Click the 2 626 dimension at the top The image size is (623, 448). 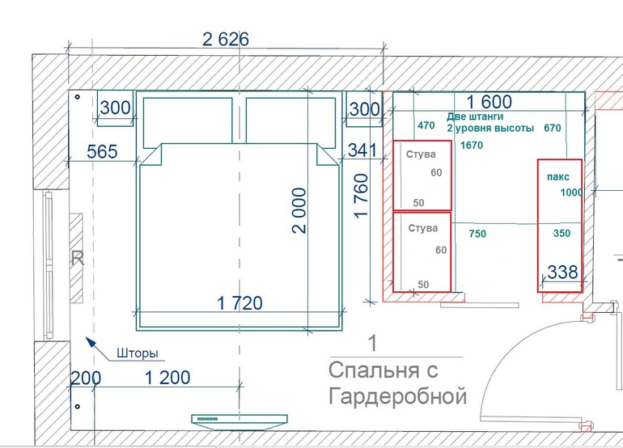click(x=226, y=40)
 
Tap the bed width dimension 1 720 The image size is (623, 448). click(x=240, y=303)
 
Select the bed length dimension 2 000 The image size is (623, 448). click(x=299, y=210)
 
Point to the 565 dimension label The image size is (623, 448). click(x=102, y=152)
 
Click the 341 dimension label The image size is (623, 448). click(x=362, y=150)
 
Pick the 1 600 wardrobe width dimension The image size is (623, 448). click(x=489, y=102)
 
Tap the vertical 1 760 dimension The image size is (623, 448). click(x=361, y=196)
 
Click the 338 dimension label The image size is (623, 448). click(x=562, y=273)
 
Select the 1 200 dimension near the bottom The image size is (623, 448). click(x=167, y=378)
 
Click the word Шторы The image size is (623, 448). click(x=138, y=353)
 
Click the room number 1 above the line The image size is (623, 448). click(x=373, y=344)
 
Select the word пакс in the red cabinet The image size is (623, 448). click(x=557, y=177)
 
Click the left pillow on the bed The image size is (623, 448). click(x=188, y=120)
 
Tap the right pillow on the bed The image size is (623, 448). click(x=290, y=120)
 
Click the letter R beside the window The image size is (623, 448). click(x=78, y=259)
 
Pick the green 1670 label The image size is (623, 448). click(x=472, y=146)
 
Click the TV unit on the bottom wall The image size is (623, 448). click(x=239, y=421)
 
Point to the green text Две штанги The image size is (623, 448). click(x=475, y=116)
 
